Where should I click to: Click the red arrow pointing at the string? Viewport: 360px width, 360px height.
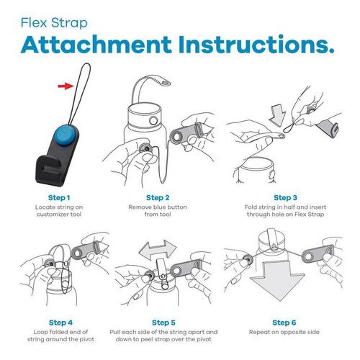(66, 86)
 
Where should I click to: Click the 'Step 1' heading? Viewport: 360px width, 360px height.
(59, 198)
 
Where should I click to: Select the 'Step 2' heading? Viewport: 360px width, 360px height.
(158, 198)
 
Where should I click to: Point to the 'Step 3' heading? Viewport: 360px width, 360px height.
(285, 198)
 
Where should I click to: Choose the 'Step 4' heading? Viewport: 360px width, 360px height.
(60, 323)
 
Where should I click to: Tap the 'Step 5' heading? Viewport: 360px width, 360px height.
(163, 323)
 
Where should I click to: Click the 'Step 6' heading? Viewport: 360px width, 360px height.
(284, 323)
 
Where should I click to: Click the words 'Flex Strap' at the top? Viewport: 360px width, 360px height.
(54, 23)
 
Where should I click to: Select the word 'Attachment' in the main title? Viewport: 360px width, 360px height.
(96, 45)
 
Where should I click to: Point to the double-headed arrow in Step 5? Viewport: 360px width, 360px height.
(158, 250)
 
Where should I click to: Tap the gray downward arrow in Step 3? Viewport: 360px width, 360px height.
(277, 115)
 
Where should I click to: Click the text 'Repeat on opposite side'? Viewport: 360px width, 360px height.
(284, 332)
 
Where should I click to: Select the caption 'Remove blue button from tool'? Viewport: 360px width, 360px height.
(158, 210)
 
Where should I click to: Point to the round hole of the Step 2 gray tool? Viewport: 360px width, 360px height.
(177, 137)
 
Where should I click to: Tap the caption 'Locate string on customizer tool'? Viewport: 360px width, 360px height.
(59, 210)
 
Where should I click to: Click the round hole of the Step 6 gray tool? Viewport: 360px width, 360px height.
(308, 256)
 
